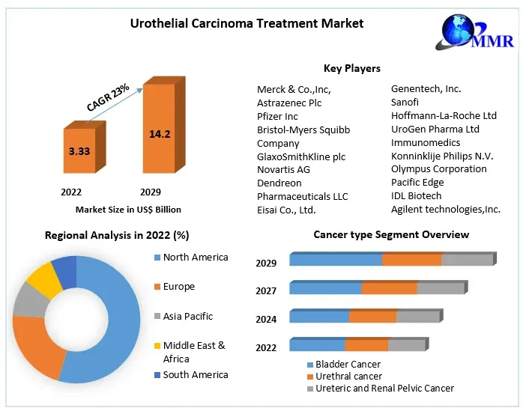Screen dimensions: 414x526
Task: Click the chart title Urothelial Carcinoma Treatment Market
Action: [x=247, y=23]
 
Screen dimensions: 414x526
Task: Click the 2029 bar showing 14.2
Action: [x=159, y=134]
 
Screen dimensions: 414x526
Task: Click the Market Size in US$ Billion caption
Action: [x=128, y=210]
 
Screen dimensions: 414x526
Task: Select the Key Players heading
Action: [x=351, y=68]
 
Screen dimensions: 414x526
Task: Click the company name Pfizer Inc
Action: [x=277, y=116]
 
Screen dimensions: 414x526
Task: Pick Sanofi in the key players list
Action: [x=405, y=102]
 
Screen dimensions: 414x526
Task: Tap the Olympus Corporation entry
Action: [x=438, y=168]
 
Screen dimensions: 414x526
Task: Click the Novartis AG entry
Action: [x=283, y=169]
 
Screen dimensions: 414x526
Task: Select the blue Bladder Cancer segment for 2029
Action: [x=336, y=260]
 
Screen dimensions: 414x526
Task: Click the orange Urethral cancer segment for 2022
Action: [x=366, y=345]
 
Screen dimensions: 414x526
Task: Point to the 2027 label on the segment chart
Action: [x=266, y=290]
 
